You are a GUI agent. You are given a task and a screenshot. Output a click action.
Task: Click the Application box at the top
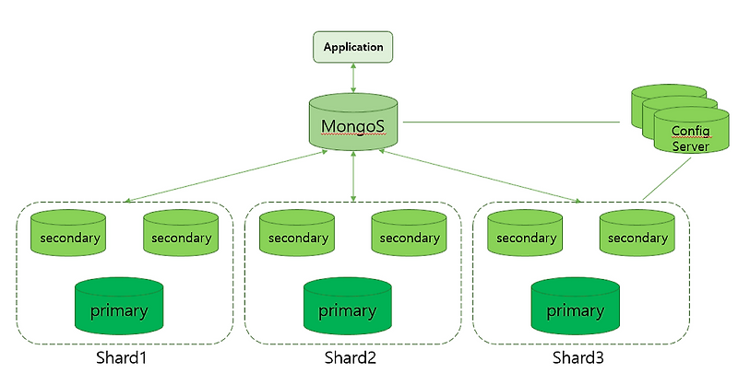point(353,47)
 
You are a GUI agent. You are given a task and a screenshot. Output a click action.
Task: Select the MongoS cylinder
point(353,123)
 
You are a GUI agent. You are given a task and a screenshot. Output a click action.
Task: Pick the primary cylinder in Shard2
point(347,309)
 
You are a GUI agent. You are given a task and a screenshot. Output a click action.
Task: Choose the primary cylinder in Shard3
point(574,309)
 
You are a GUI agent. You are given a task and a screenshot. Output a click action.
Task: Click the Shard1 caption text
point(122,356)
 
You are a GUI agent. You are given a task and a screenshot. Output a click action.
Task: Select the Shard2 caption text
point(351,356)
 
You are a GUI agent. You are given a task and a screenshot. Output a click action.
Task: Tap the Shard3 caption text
point(577,356)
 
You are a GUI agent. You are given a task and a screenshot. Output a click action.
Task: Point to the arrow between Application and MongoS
point(353,78)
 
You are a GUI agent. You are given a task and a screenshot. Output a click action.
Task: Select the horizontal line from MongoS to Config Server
point(512,122)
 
